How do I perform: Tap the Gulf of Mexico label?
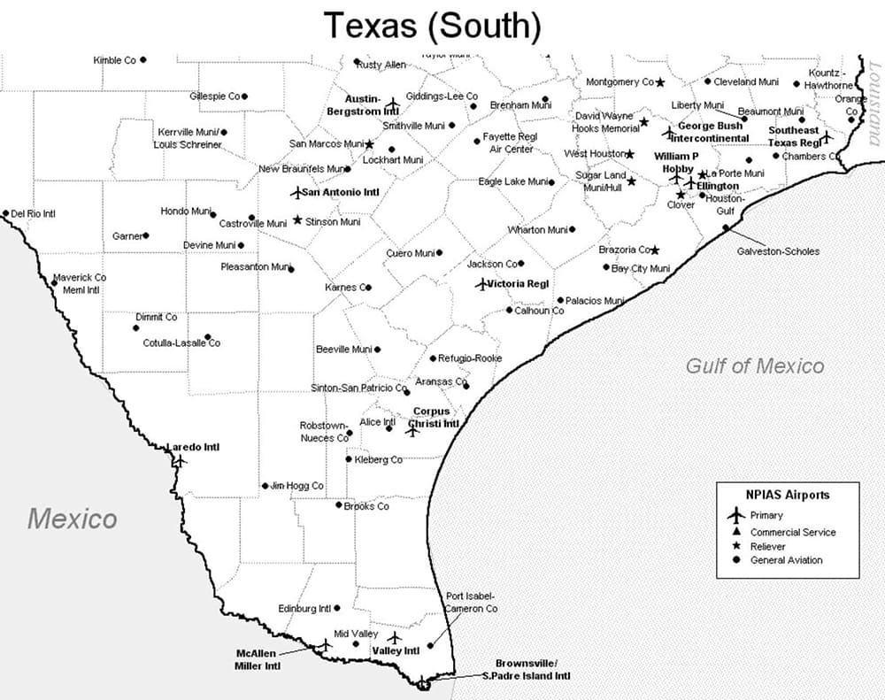click(x=754, y=365)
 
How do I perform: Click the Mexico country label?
click(x=72, y=518)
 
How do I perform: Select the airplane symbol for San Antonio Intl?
click(x=296, y=192)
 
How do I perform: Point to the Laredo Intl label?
click(x=193, y=447)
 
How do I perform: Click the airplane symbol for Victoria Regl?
click(x=481, y=284)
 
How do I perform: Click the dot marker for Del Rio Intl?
click(x=6, y=213)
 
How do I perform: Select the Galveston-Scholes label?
click(x=778, y=251)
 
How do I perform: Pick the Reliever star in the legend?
click(x=734, y=546)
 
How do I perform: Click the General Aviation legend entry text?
click(x=786, y=560)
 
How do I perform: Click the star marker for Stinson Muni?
click(x=297, y=220)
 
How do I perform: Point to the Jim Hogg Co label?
click(x=297, y=486)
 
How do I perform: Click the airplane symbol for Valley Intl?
click(x=394, y=637)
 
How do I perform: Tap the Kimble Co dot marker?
click(x=142, y=60)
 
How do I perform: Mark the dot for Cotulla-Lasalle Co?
click(x=207, y=336)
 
